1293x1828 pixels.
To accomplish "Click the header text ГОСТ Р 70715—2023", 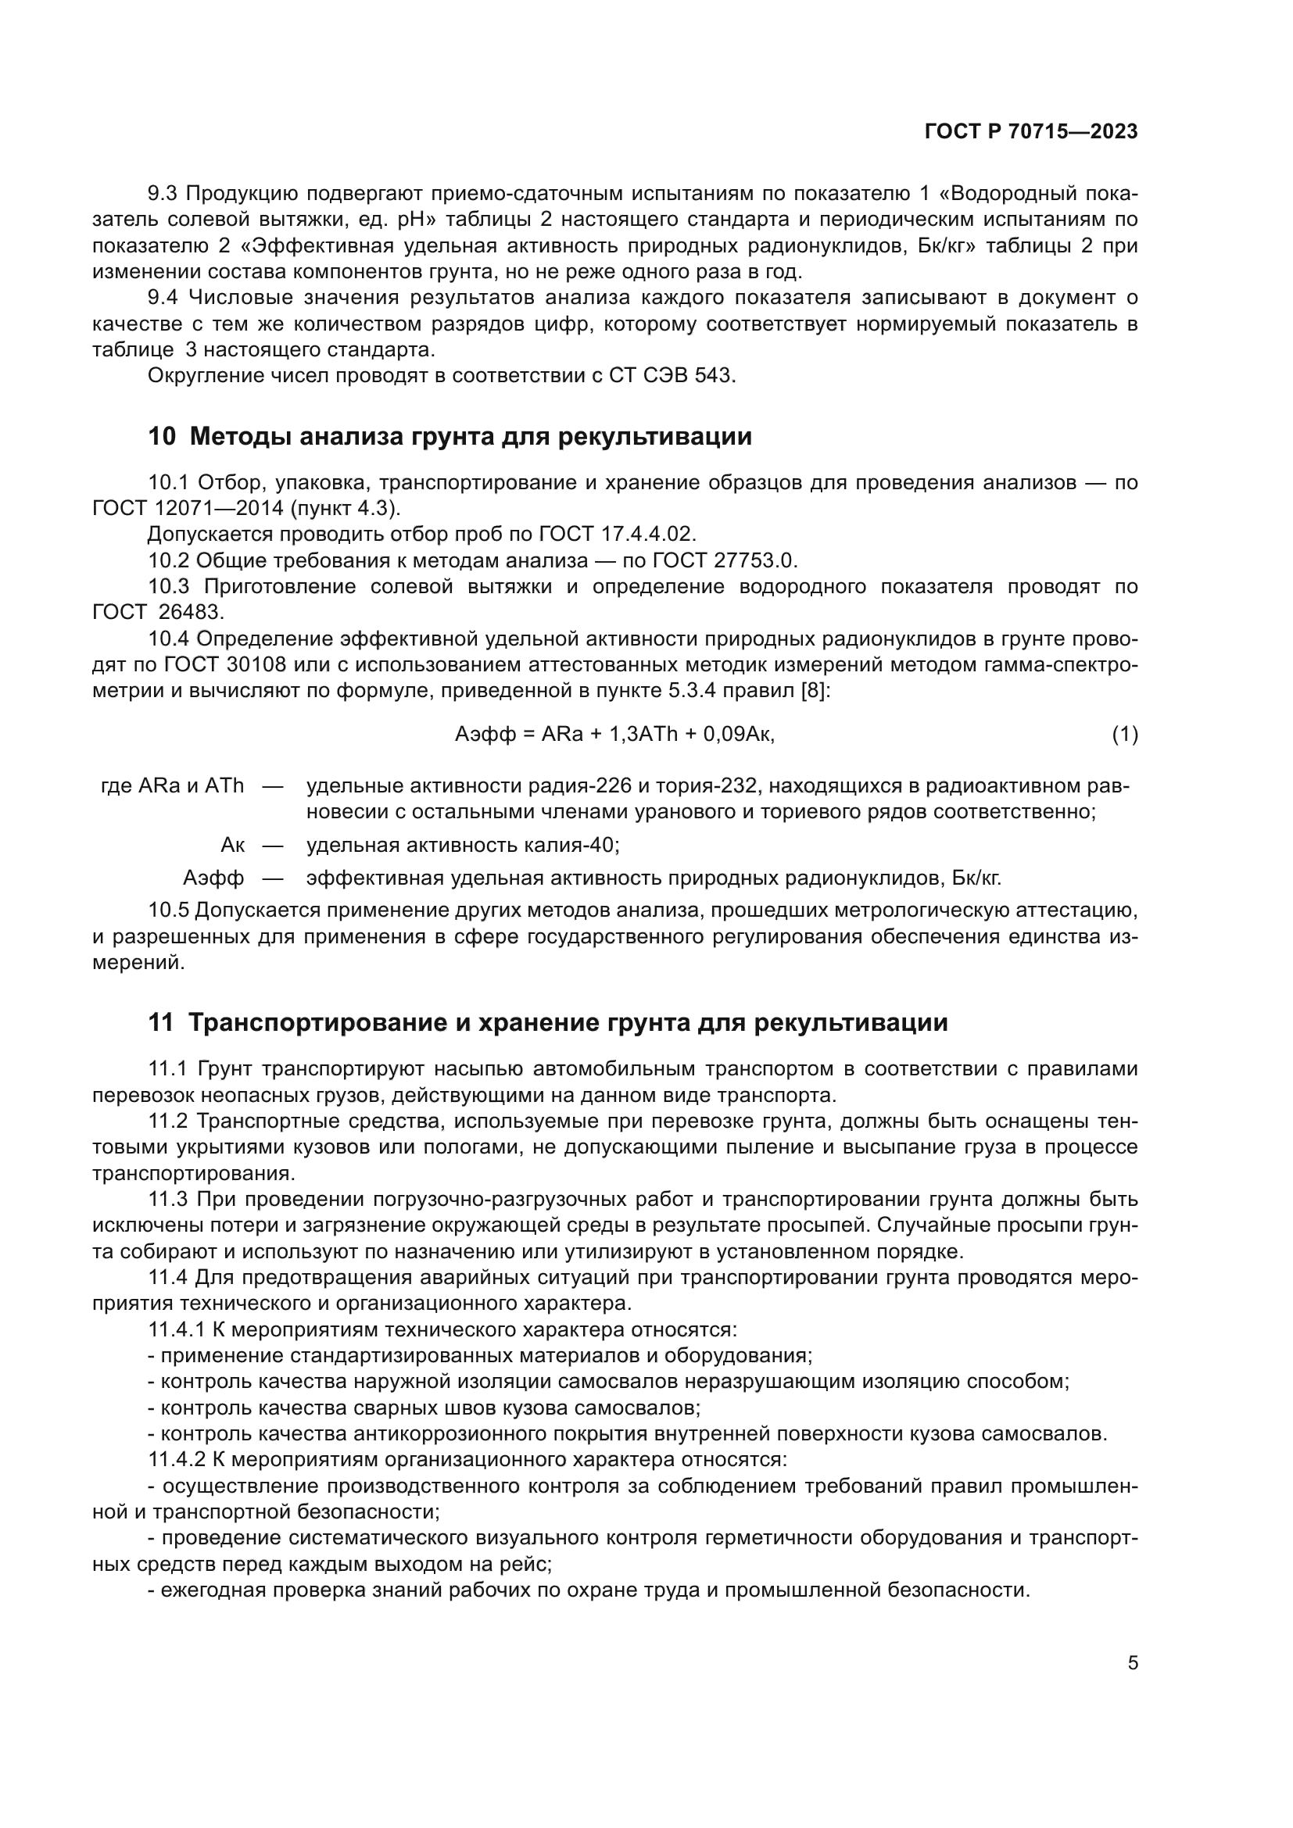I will pos(1031,131).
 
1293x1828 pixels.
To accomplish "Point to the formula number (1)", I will pos(1124,734).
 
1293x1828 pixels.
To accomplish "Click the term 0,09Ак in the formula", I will pos(738,734).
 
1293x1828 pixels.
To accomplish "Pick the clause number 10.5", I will pos(169,910).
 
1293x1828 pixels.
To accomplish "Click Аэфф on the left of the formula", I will pos(485,734).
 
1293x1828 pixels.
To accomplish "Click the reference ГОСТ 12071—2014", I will pos(189,508).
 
